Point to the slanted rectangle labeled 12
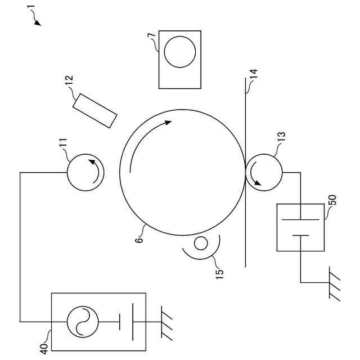tap(95, 110)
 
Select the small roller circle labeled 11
tap(83, 173)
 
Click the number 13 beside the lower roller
tap(281, 138)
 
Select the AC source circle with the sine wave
tap(83, 322)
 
